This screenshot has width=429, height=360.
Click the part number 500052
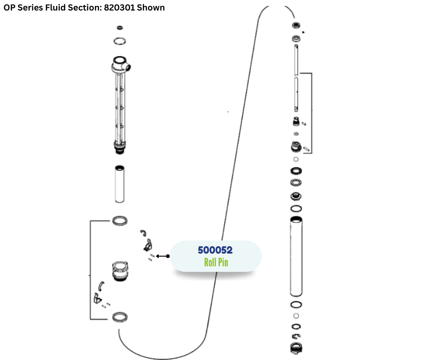tap(215, 250)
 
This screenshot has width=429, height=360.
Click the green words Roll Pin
tap(216, 262)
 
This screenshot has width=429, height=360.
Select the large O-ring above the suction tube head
tap(120, 41)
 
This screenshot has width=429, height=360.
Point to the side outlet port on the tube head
tap(130, 67)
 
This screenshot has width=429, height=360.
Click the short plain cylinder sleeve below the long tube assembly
tap(120, 183)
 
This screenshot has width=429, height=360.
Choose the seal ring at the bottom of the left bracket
tap(120, 317)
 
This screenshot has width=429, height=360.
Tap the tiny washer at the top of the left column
tap(120, 28)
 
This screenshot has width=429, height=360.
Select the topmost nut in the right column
tap(296, 26)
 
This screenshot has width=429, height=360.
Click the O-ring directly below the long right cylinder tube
tap(296, 305)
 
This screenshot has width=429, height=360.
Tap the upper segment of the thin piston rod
tap(296, 57)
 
